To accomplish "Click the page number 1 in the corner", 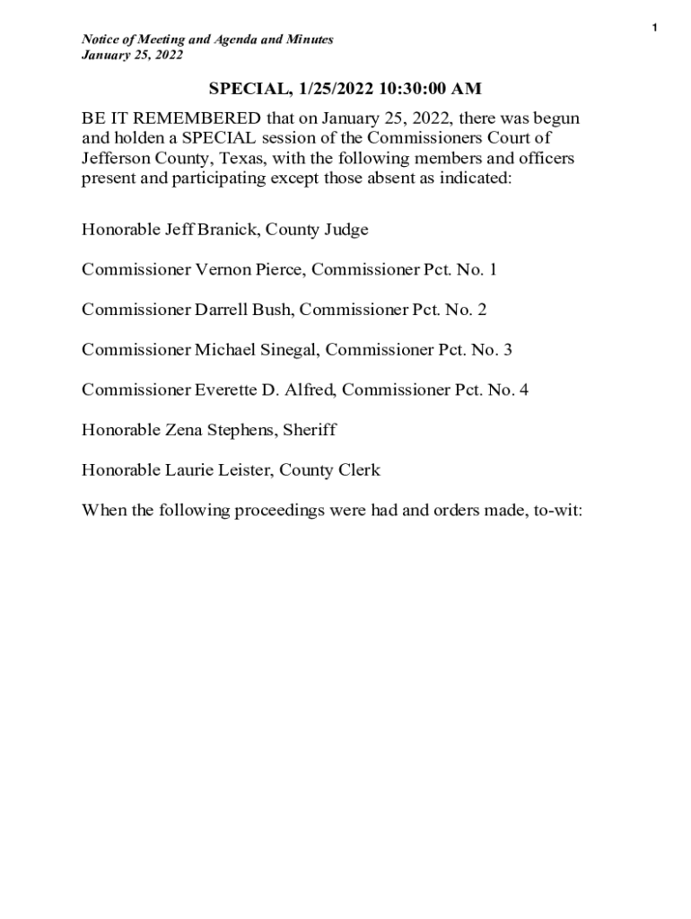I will (x=654, y=29).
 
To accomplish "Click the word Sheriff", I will (x=309, y=430).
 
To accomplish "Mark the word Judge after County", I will (x=345, y=230).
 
